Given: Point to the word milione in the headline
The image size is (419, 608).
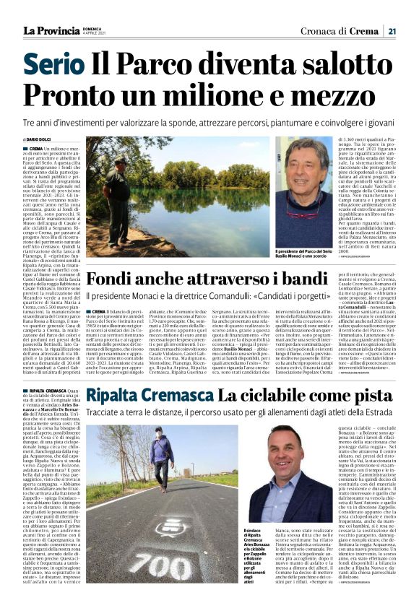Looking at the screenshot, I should coord(211,97).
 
